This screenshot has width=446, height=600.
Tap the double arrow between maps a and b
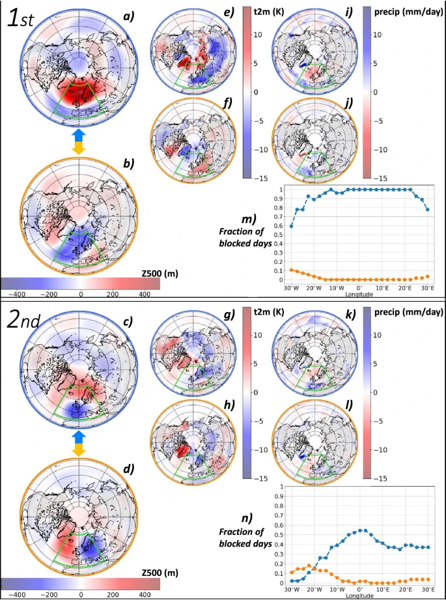pos(78,141)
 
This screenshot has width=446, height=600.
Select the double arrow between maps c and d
pos(78,442)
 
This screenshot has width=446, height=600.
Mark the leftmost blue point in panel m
pos(291,226)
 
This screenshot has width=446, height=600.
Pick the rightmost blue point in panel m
pos(427,209)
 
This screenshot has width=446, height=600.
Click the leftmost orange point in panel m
pos(291,270)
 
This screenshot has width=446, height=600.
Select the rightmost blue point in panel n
pos(427,547)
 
